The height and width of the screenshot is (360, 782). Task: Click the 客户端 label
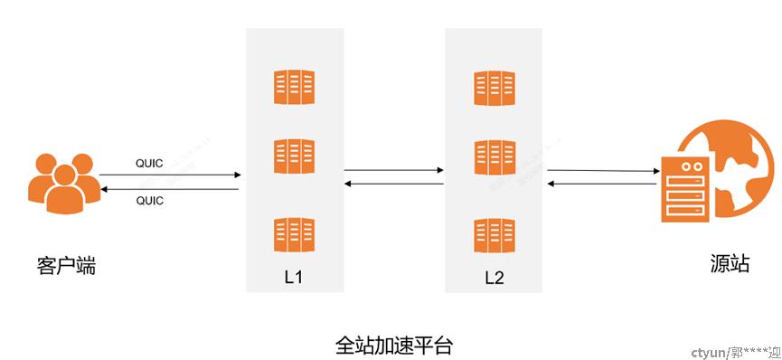67,267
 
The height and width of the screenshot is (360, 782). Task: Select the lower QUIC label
149,201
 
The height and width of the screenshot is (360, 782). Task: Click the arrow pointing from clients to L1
170,175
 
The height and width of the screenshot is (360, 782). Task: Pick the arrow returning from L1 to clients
170,188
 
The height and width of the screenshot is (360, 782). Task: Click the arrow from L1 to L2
394,169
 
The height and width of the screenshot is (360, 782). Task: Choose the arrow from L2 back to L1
394,184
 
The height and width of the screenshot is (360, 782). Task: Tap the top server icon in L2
494,88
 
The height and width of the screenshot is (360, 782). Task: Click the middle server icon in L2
494,156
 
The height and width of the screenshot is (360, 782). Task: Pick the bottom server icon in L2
494,234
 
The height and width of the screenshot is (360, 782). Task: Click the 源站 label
730,264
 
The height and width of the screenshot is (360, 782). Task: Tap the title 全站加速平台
393,346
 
